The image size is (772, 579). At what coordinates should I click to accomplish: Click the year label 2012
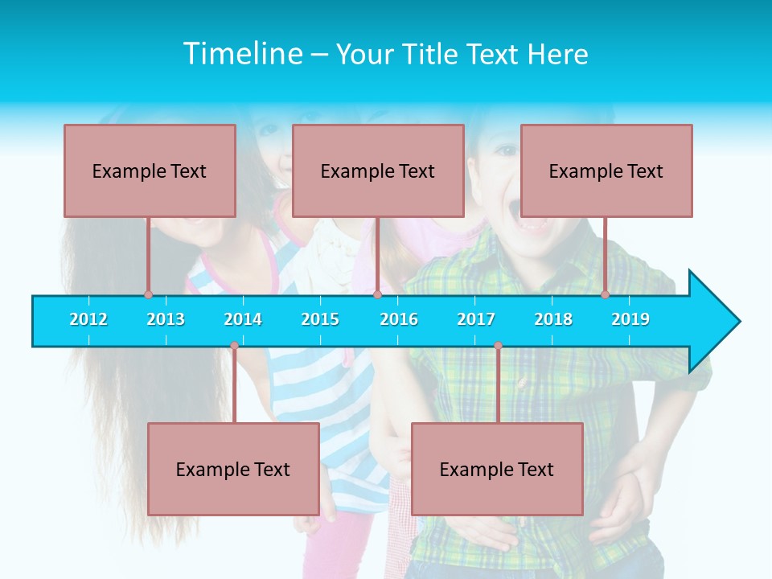click(x=88, y=319)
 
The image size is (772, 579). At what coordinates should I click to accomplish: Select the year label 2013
click(x=166, y=319)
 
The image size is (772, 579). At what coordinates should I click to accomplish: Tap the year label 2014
click(x=243, y=319)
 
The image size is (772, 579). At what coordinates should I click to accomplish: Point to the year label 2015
click(x=320, y=319)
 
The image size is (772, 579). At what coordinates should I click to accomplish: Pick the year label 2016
click(x=399, y=319)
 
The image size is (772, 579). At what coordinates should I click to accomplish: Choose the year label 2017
click(x=476, y=319)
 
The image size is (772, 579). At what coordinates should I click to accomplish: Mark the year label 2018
click(x=553, y=319)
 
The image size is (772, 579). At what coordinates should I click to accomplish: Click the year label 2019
click(x=630, y=319)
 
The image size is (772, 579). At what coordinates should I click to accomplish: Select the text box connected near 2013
click(x=150, y=170)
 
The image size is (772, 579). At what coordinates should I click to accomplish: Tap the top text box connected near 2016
click(x=378, y=170)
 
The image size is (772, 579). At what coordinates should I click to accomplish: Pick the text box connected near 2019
click(x=606, y=170)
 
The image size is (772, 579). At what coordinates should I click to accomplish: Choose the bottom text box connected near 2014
click(x=233, y=469)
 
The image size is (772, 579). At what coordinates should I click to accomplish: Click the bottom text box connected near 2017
click(x=497, y=469)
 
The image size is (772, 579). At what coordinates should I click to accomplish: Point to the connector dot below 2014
click(x=234, y=346)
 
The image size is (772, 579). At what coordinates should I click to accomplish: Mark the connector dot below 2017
click(x=498, y=346)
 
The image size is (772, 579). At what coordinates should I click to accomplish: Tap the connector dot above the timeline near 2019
click(x=606, y=294)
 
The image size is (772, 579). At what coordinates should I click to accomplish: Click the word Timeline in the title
click(x=242, y=54)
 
